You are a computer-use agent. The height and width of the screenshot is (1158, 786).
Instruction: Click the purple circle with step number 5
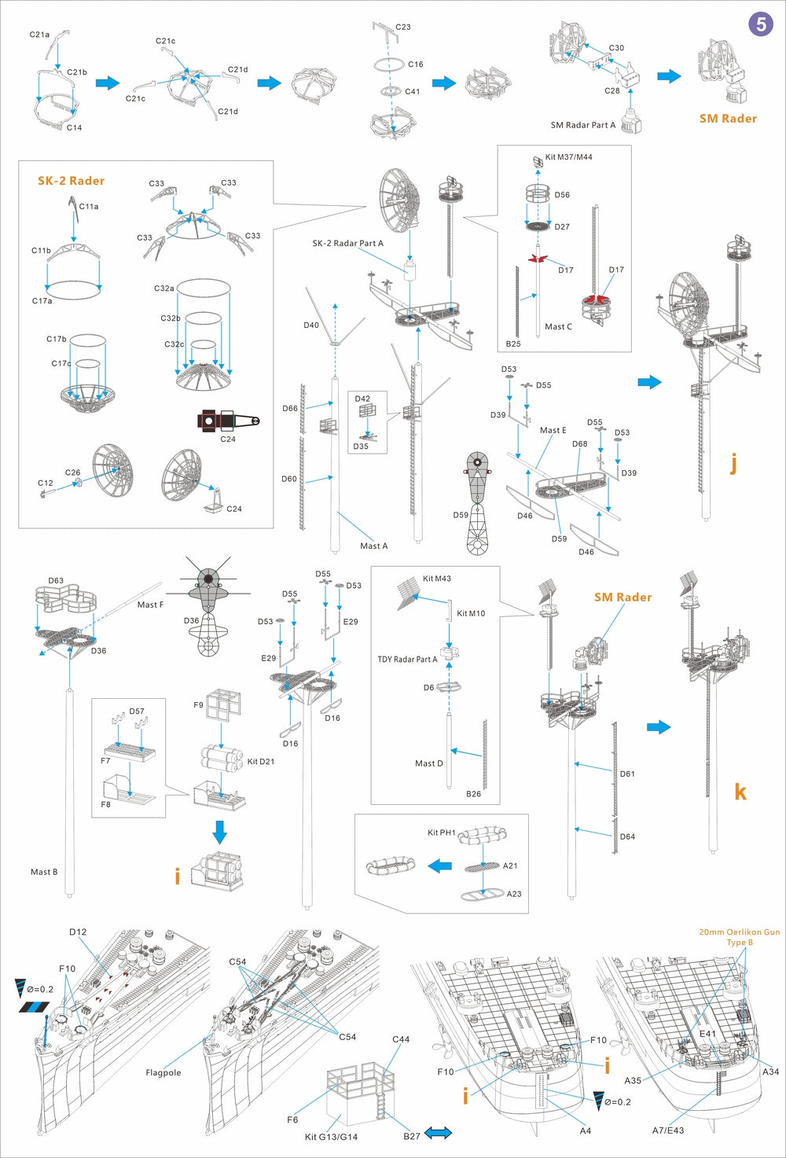tap(760, 24)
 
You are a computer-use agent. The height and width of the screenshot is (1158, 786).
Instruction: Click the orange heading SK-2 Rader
tap(71, 181)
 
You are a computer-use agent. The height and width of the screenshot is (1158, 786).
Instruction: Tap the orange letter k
tap(740, 792)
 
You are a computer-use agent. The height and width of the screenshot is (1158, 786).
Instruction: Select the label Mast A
tap(373, 546)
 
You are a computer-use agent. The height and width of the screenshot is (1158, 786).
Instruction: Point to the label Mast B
tap(43, 872)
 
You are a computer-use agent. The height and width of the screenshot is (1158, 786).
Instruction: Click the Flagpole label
tap(163, 1072)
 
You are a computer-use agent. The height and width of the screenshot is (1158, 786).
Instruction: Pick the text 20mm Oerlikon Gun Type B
tap(740, 937)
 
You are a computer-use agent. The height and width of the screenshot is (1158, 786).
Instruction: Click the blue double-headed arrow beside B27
tap(438, 1133)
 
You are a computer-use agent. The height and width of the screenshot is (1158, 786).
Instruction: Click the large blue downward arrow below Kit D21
tap(220, 832)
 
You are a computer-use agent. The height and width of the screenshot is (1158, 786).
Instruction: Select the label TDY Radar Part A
tap(407, 660)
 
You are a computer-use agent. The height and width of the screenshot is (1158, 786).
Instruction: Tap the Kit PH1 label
tap(441, 833)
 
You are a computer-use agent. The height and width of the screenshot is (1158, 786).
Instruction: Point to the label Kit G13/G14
tap(331, 1137)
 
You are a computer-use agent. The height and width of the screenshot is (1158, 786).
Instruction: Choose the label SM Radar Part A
tap(582, 125)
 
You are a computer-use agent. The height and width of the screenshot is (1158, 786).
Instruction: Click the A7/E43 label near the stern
tap(667, 1130)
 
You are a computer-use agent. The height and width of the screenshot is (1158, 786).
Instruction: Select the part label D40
tap(311, 325)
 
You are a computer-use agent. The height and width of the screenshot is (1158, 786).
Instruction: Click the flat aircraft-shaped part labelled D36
tap(208, 605)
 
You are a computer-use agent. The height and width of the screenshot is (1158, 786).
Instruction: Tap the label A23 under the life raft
tap(513, 894)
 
